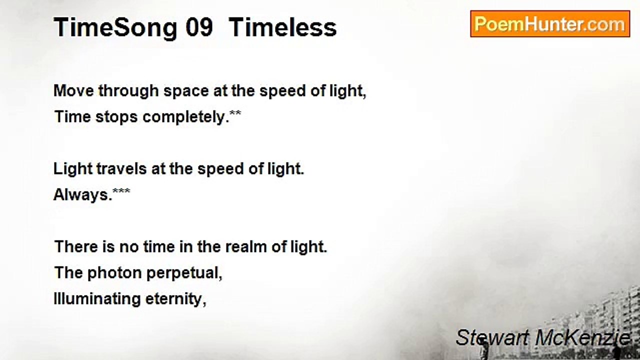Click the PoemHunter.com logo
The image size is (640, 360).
coord(549,24)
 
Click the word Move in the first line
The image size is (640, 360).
coord(73,91)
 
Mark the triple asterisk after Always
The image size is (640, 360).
coord(121,191)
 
